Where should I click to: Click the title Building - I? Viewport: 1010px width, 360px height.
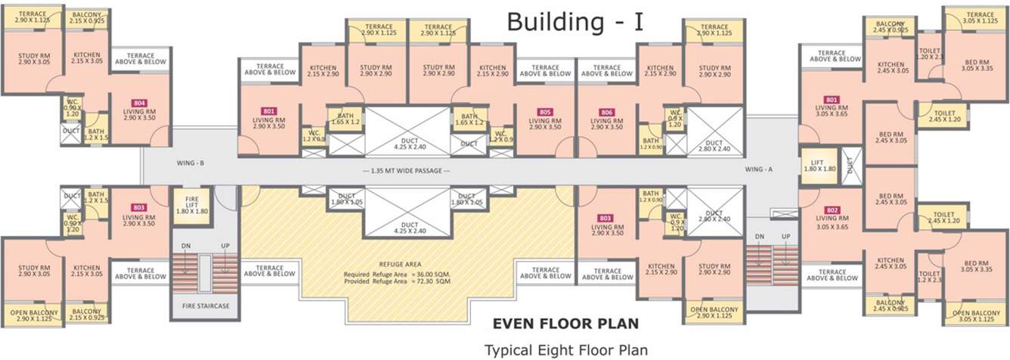point(575,21)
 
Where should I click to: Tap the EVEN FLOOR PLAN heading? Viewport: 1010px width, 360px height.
point(565,324)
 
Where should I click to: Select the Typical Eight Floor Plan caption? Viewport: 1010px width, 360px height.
point(565,350)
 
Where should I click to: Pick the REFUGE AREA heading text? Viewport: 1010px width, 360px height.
point(400,264)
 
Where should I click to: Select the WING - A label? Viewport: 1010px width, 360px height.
point(758,169)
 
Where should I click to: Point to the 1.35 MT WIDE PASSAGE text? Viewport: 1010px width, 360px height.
point(407,170)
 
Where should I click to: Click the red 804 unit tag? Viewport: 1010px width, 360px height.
point(139,103)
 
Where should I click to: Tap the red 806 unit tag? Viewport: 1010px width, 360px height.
point(606,113)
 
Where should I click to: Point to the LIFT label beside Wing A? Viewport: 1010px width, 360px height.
point(816,164)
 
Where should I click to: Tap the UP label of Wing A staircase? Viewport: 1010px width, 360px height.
point(786,237)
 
